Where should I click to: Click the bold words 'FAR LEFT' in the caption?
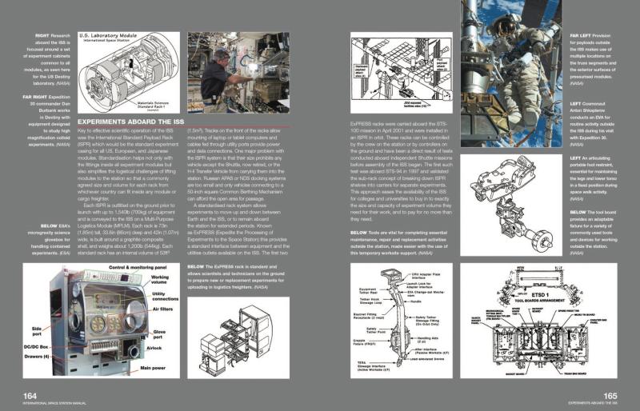click(x=582, y=36)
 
